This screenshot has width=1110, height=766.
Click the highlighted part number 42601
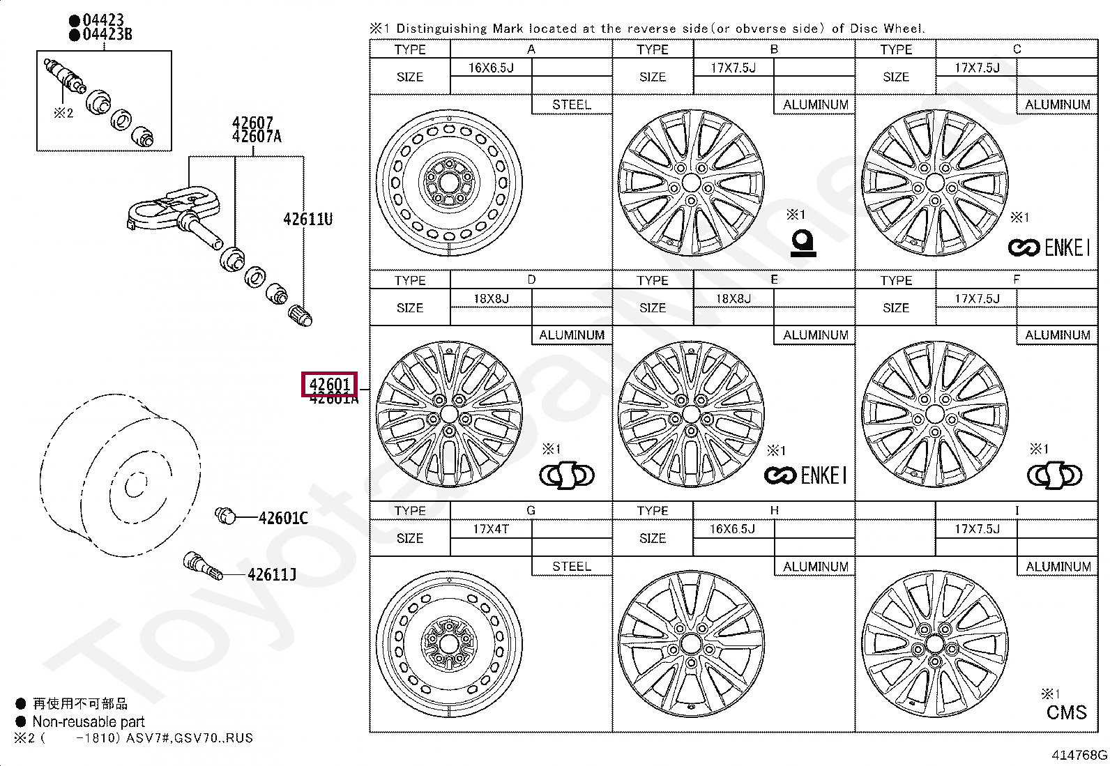tap(329, 384)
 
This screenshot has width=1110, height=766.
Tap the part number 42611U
tap(307, 219)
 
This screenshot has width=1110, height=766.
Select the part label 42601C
tap(282, 518)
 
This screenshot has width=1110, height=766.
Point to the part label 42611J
tap(271, 574)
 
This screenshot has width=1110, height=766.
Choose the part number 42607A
tap(257, 137)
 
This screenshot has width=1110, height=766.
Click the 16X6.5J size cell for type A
tap(491, 68)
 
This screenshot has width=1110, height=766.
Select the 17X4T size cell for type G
tap(491, 529)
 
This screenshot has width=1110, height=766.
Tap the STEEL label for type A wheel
tap(571, 105)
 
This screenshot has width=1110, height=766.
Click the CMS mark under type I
tap(1066, 712)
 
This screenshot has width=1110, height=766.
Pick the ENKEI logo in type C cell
tap(1048, 247)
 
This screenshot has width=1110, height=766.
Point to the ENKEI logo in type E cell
tap(805, 476)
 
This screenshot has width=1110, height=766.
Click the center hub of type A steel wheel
tap(449, 183)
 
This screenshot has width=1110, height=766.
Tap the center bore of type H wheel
tap(691, 643)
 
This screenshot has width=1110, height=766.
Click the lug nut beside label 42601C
tap(225, 516)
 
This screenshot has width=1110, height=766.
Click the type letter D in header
tap(531, 279)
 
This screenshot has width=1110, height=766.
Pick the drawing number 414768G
tap(1079, 755)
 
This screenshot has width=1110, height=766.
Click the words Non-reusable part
tap(89, 722)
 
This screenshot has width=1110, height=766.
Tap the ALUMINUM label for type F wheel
tap(1057, 335)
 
